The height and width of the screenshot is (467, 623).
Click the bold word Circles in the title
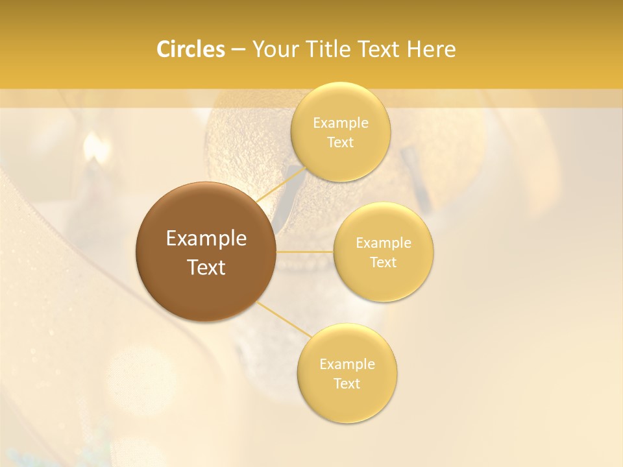tap(190, 49)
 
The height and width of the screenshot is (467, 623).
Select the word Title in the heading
tap(332, 49)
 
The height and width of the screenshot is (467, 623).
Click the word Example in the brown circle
tap(206, 239)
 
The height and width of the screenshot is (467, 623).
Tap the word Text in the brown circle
tap(206, 267)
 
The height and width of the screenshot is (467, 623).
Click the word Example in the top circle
tap(341, 123)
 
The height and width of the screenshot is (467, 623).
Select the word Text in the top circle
tap(341, 143)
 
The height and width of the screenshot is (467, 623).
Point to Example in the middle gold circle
tap(384, 243)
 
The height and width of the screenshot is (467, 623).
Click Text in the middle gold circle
tap(384, 263)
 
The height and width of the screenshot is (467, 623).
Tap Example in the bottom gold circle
tap(347, 365)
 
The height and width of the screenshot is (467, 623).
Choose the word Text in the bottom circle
tap(347, 384)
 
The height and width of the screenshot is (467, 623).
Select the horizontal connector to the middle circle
tap(305, 252)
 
